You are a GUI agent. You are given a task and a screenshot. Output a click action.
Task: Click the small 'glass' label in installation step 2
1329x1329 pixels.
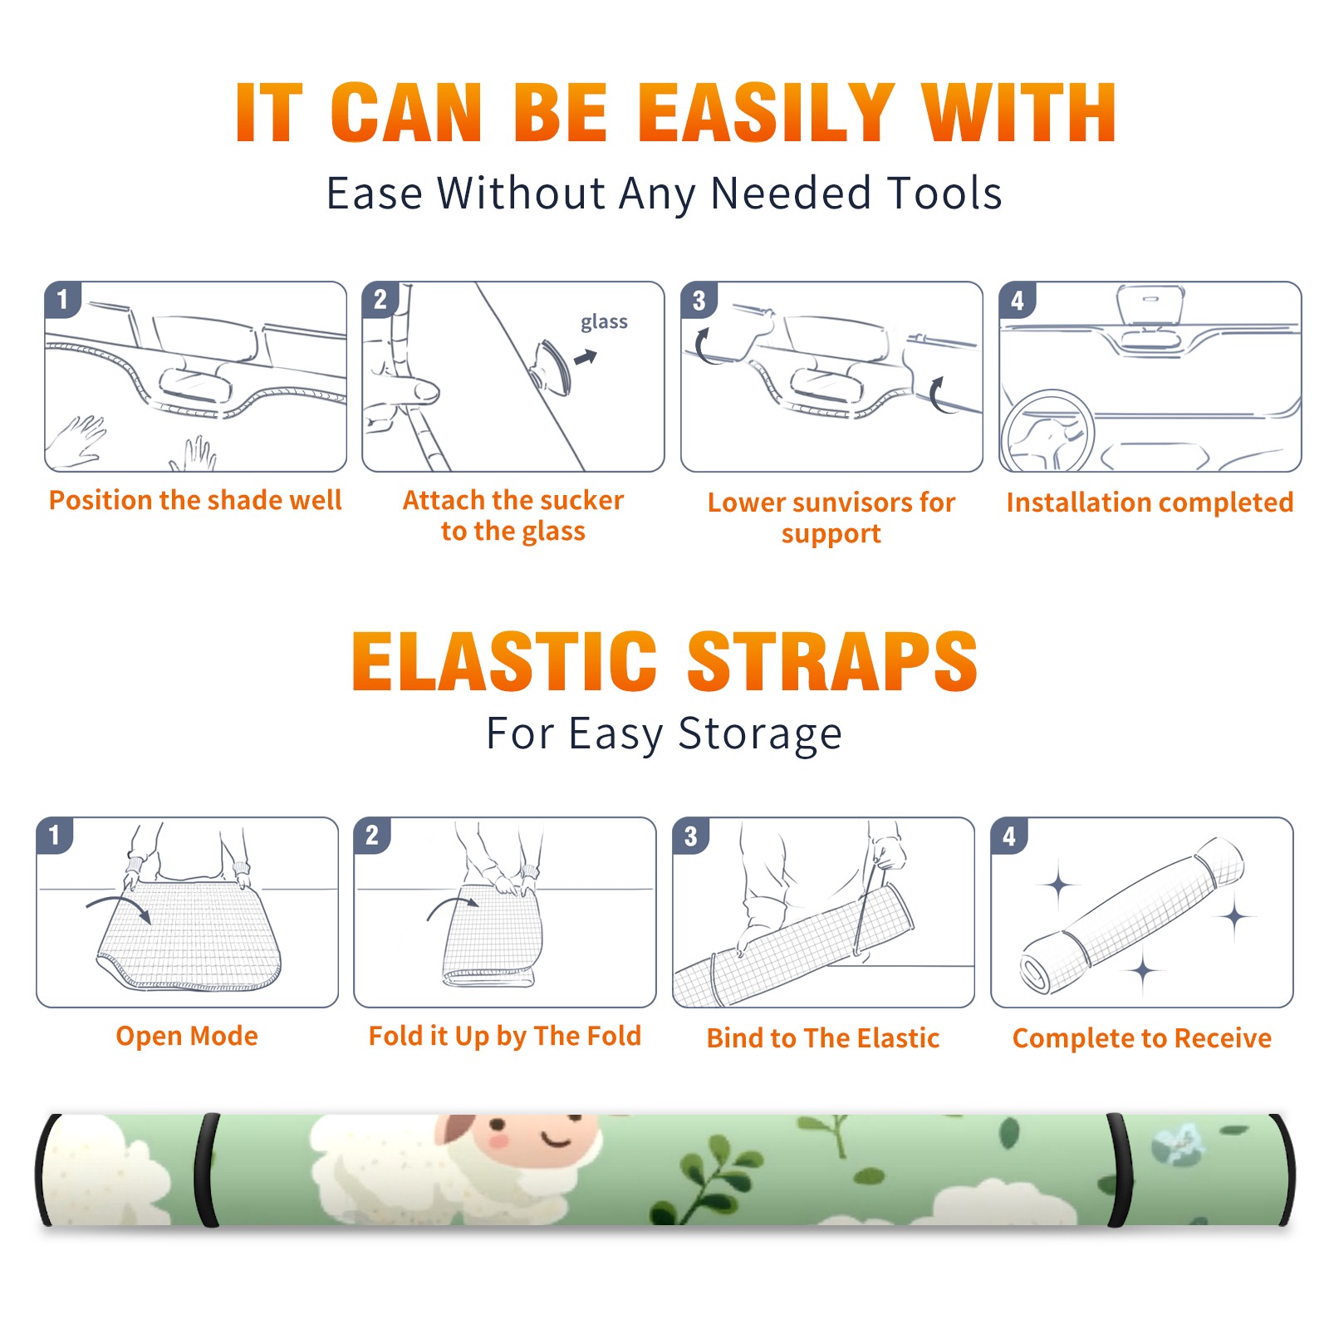pyautogui.click(x=604, y=322)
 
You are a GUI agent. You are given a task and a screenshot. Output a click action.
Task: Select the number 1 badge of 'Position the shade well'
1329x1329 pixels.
pyautogui.click(x=62, y=299)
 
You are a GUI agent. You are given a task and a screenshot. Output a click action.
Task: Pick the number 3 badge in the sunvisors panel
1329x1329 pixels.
pyautogui.click(x=699, y=300)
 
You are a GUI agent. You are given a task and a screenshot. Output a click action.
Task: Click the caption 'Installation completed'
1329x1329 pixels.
pyautogui.click(x=1150, y=503)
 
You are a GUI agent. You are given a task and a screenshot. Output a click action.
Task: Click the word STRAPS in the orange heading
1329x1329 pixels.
pyautogui.click(x=833, y=661)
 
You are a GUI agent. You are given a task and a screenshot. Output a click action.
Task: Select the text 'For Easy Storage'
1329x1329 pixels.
pyautogui.click(x=664, y=733)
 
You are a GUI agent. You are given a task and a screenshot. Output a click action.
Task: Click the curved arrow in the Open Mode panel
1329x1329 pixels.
pyautogui.click(x=119, y=907)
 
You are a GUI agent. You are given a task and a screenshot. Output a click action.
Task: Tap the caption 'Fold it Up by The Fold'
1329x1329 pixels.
pyautogui.click(x=505, y=1036)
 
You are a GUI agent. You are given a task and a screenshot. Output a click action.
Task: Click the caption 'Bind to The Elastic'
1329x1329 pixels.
pyautogui.click(x=823, y=1038)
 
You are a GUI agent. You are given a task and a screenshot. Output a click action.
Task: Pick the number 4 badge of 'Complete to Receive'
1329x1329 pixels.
pyautogui.click(x=1009, y=836)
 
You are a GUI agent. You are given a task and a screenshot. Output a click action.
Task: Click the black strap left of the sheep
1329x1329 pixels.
pyautogui.click(x=207, y=1170)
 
